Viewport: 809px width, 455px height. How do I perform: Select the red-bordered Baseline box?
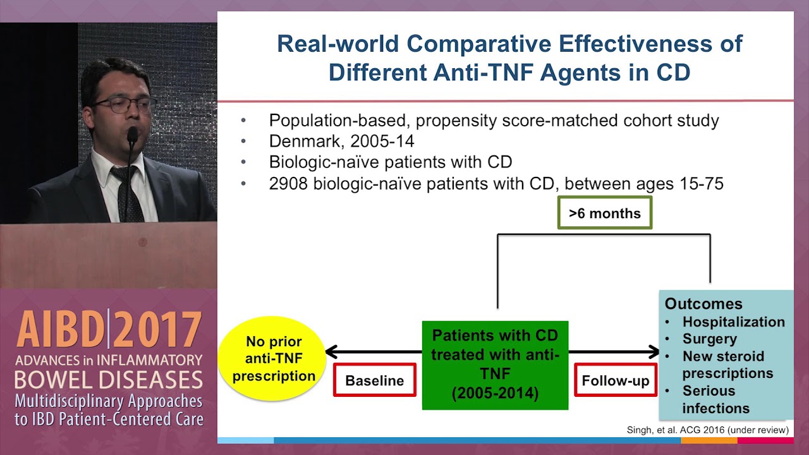(x=374, y=380)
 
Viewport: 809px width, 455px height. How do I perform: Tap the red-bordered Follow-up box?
(x=615, y=380)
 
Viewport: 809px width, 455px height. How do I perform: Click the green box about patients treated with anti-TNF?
(x=495, y=365)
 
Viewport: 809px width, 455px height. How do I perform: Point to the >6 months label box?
(x=604, y=214)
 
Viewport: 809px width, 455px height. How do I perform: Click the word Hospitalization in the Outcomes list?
(x=733, y=322)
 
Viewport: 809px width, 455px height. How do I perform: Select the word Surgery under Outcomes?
(x=709, y=339)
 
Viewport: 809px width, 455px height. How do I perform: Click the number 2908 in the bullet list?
(x=288, y=184)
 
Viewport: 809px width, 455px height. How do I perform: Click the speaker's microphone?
(x=132, y=135)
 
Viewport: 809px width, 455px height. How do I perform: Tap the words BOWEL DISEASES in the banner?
(x=109, y=380)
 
